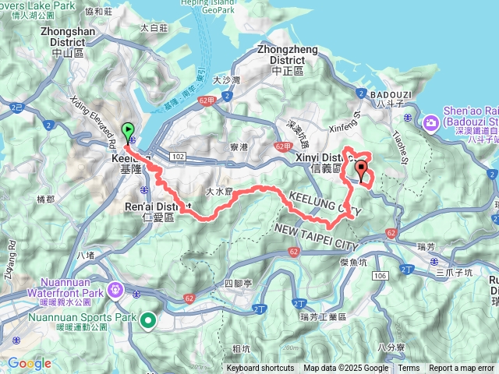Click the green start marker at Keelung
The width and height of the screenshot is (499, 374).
point(127,131)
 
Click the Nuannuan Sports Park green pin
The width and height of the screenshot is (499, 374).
point(147,318)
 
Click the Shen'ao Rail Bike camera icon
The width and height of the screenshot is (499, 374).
point(431,122)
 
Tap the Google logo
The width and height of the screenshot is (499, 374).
point(30,363)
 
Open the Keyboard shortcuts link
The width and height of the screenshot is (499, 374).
point(260,369)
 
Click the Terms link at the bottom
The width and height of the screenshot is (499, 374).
point(409,369)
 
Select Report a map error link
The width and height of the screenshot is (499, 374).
point(462,369)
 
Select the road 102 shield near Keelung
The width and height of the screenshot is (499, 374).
point(179,157)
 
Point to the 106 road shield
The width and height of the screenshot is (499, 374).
point(380,276)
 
